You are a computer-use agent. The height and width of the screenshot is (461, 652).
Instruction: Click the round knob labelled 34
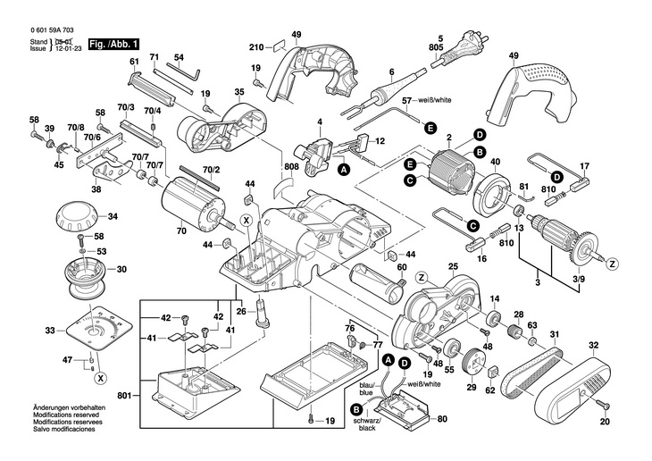(78, 216)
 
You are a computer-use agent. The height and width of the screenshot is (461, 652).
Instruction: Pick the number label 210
(255, 46)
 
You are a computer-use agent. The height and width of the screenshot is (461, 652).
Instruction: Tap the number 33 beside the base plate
(49, 331)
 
